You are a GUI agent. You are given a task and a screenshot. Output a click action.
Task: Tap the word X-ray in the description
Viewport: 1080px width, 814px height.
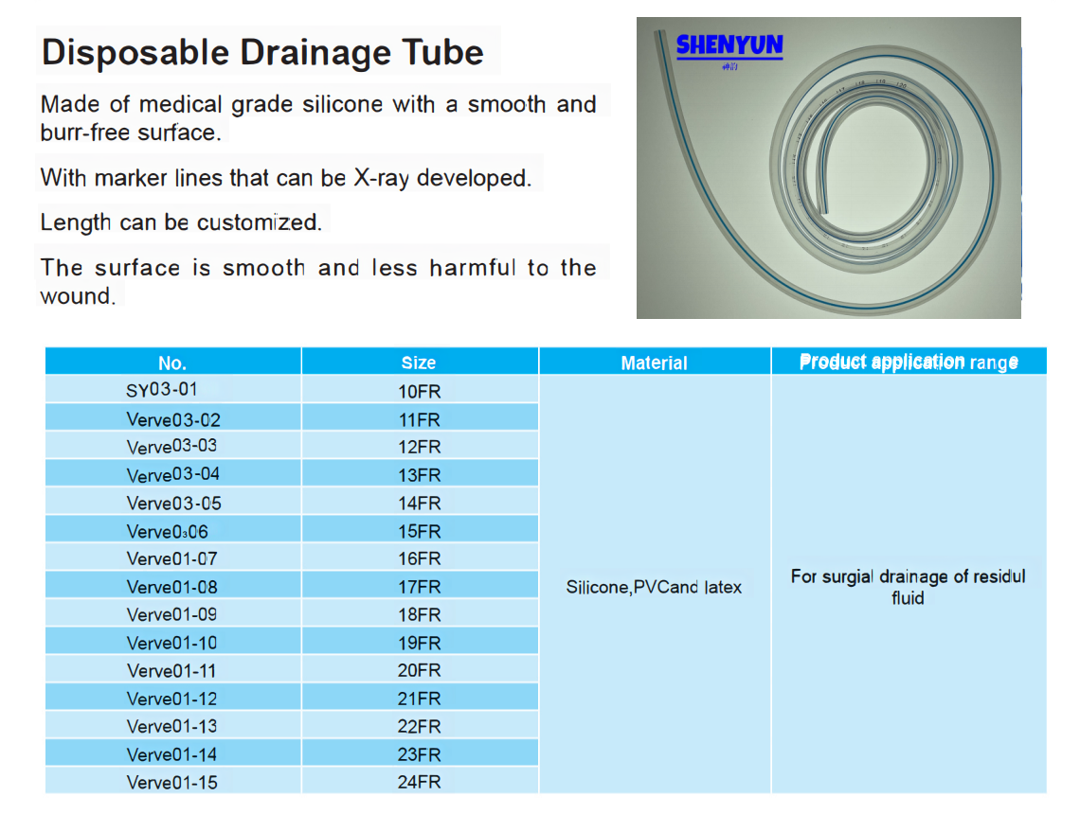click(382, 178)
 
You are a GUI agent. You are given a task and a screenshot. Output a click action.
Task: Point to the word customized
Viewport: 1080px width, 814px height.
click(260, 222)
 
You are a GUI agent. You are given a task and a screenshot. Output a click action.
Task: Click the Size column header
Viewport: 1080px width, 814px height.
click(419, 363)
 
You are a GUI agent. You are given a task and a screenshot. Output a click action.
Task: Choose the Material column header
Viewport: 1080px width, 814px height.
click(654, 363)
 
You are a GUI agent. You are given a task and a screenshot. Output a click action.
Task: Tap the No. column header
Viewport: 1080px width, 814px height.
click(172, 363)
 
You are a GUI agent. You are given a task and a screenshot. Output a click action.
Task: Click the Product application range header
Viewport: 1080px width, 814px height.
click(909, 362)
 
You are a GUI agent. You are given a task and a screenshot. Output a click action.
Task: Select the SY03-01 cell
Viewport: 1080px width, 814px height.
click(162, 390)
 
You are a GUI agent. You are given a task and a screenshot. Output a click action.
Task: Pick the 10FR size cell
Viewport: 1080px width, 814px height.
click(419, 392)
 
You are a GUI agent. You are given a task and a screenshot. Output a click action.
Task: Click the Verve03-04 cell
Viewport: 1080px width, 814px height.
click(172, 475)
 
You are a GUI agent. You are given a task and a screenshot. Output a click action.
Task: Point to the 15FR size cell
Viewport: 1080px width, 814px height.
click(419, 531)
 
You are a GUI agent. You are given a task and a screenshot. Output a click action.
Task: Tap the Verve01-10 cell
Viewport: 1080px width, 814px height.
click(172, 643)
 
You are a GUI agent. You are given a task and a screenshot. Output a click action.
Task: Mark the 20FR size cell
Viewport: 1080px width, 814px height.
click(419, 670)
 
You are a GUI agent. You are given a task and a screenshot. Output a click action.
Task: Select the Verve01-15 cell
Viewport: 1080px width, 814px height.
click(172, 783)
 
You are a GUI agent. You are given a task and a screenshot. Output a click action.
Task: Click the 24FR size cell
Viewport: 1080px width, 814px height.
click(419, 783)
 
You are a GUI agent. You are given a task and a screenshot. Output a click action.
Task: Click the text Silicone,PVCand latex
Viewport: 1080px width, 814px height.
click(654, 587)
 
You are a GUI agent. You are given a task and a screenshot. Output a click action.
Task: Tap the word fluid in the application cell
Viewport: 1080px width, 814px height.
click(908, 598)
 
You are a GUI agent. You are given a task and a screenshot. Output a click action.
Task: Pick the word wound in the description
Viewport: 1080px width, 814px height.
click(77, 296)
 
